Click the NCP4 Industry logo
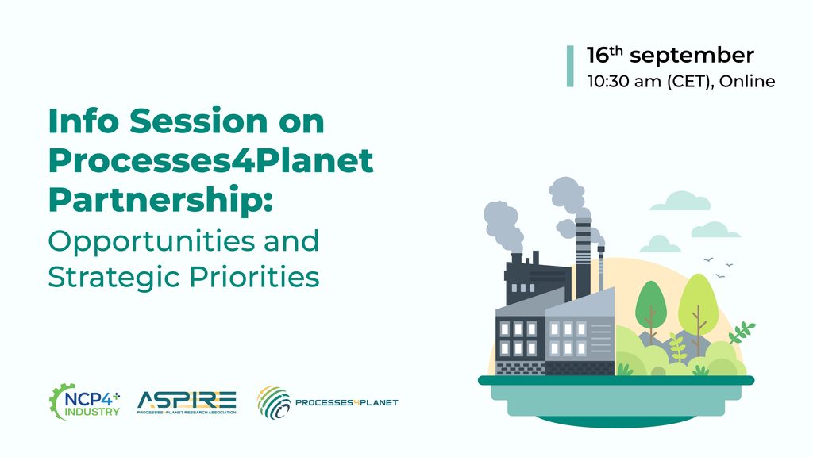pyautogui.click(x=84, y=402)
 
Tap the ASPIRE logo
pyautogui.click(x=187, y=402)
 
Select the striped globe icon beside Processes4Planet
pyautogui.click(x=274, y=402)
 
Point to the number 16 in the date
pyautogui.click(x=597, y=56)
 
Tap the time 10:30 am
pyautogui.click(x=624, y=82)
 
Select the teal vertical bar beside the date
pyautogui.click(x=570, y=67)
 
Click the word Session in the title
pyautogui.click(x=198, y=121)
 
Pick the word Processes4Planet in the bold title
pyautogui.click(x=210, y=161)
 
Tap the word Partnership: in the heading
pyautogui.click(x=160, y=201)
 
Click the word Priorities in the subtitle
pyautogui.click(x=254, y=277)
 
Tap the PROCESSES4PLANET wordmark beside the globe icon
pyautogui.click(x=346, y=402)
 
